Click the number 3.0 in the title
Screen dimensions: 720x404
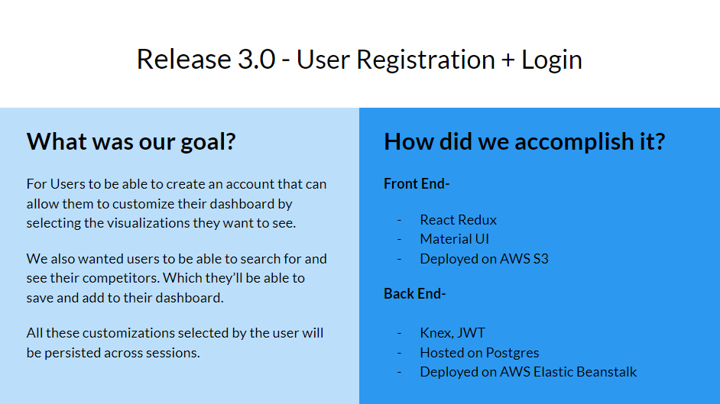pyautogui.click(x=256, y=60)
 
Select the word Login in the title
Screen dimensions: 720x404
pyautogui.click(x=552, y=60)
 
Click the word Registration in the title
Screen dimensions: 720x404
pyautogui.click(x=426, y=60)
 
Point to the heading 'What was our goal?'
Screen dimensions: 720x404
pyautogui.click(x=131, y=141)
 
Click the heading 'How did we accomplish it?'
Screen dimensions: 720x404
pyautogui.click(x=524, y=141)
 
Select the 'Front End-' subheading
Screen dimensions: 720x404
pyautogui.click(x=417, y=183)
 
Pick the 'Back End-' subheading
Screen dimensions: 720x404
pyautogui.click(x=414, y=293)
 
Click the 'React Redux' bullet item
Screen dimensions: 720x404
pyautogui.click(x=459, y=220)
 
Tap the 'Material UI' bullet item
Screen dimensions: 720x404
pyautogui.click(x=455, y=239)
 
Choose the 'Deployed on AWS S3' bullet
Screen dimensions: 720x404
pyautogui.click(x=484, y=259)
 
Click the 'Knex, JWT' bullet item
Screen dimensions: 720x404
pyautogui.click(x=452, y=333)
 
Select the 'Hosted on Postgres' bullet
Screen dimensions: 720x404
pyautogui.click(x=479, y=353)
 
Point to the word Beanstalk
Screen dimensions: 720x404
pyautogui.click(x=606, y=372)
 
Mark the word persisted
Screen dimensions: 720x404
pyautogui.click(x=73, y=353)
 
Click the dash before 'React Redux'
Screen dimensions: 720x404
pyautogui.click(x=399, y=220)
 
